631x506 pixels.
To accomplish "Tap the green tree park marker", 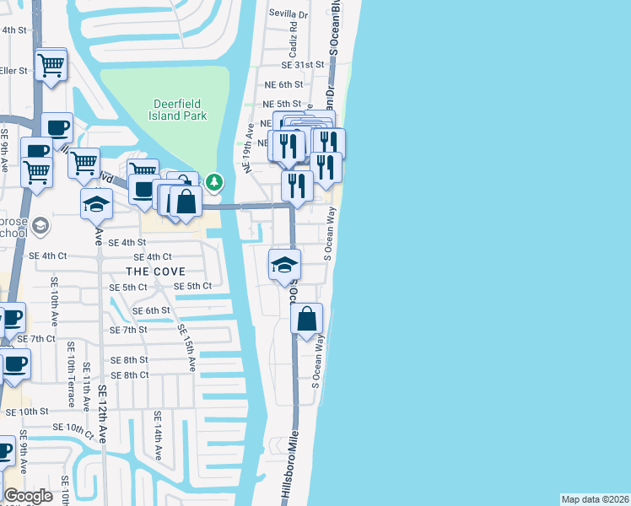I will point(215,181).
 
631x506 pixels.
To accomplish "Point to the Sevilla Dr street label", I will point(289,14).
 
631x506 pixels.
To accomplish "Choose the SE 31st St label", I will point(303,65).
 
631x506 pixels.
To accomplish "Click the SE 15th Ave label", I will point(186,347).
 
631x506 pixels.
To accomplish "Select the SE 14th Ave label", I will point(157,434).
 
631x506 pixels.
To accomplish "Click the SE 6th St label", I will point(152,310).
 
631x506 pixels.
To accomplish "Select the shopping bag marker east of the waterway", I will point(307,319).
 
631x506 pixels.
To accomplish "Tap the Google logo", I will point(28,496).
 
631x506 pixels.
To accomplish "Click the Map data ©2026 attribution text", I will point(595,499).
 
